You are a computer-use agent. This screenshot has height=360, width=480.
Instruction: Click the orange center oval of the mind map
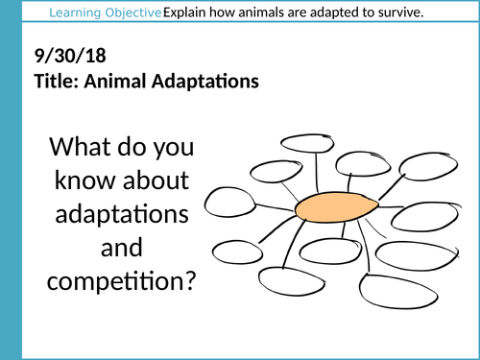tap(332, 208)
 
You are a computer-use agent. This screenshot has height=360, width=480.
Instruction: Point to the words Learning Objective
tap(106, 12)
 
